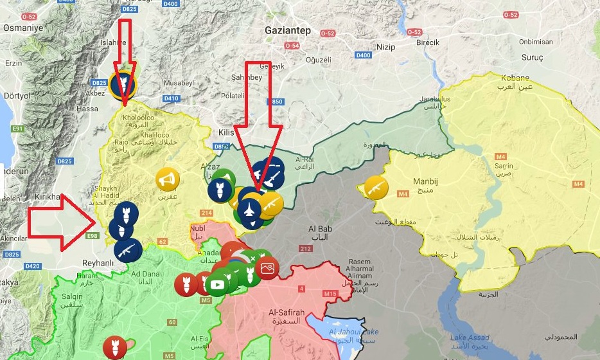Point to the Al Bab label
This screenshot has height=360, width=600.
pyautogui.click(x=320, y=229)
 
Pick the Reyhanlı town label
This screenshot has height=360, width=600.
pyautogui.click(x=98, y=264)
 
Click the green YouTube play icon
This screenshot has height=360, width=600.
pyautogui.click(x=218, y=285)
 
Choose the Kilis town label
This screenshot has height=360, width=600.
pyautogui.click(x=225, y=131)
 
